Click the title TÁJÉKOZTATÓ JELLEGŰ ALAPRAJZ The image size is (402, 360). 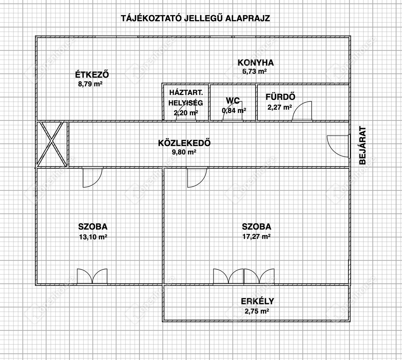click(x=195, y=18)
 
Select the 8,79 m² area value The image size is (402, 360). click(x=90, y=84)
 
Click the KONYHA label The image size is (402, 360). click(x=256, y=62)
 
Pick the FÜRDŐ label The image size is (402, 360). click(x=280, y=97)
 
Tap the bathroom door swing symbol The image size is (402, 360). click(x=302, y=111)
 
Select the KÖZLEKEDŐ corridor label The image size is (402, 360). click(x=184, y=143)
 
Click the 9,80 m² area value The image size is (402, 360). click(x=182, y=152)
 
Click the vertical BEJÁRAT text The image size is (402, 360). click(x=363, y=145)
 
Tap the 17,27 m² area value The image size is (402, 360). click(x=256, y=237)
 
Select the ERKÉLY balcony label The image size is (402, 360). click(x=257, y=301)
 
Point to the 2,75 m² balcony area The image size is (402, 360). click(x=257, y=311)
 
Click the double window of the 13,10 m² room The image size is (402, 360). click(x=92, y=276)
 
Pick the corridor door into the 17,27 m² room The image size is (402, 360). click(x=195, y=178)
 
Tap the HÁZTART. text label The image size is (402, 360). click(x=184, y=92)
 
